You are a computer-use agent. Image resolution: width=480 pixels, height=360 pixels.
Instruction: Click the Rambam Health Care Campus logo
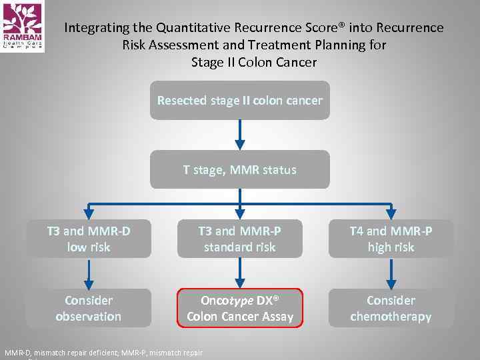pos(22,26)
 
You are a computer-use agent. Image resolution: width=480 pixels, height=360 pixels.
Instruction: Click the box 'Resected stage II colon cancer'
pos(239,101)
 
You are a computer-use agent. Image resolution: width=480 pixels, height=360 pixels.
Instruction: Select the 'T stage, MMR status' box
pos(239,169)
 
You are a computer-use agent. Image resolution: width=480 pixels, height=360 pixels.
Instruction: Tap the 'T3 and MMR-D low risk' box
pos(89,239)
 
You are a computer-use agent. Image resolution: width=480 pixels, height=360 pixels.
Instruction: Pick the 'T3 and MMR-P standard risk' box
pos(239,239)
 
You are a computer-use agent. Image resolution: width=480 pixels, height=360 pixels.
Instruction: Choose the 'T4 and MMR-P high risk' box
pos(391,239)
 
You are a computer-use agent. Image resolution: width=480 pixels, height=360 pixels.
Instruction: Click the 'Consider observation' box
pos(89,308)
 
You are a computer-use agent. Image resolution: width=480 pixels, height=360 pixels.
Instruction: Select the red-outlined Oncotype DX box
pos(239,308)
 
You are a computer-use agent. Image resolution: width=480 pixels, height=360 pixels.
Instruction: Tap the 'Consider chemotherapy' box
pos(391,308)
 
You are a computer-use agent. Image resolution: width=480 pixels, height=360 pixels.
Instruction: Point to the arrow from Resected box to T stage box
pos(240,135)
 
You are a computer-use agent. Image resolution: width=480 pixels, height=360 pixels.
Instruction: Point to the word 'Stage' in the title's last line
pos(209,63)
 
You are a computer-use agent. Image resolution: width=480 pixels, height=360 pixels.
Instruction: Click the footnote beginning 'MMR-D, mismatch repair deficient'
pos(103,353)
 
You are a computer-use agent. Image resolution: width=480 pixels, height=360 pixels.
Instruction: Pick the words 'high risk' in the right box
pos(391,247)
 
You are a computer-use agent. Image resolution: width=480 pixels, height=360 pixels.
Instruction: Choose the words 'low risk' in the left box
pos(89,247)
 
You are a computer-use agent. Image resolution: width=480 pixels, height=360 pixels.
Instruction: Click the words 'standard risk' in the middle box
pos(239,247)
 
